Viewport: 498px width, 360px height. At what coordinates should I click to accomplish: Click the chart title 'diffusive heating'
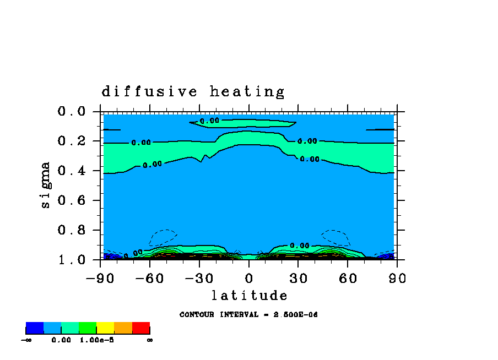tap(193, 91)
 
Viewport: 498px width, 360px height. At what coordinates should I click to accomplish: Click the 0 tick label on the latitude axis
tap(248, 278)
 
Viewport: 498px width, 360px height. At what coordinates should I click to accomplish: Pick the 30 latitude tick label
tap(298, 278)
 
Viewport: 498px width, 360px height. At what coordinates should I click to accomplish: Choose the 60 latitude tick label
tap(348, 278)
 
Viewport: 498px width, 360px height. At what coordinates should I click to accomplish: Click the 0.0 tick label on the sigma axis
tap(72, 111)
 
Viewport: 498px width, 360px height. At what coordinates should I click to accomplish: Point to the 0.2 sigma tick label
tap(72, 141)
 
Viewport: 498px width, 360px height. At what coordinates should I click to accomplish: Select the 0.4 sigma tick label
tap(72, 171)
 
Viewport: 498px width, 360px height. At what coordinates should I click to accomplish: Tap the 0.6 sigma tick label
tap(72, 200)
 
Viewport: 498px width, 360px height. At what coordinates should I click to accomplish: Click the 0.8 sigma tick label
tap(72, 230)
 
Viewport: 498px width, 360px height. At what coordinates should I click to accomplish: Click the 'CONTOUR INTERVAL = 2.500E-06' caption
tap(248, 315)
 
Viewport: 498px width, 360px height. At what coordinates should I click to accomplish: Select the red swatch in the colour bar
tap(141, 328)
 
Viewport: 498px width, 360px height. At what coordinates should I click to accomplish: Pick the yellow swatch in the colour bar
tap(105, 328)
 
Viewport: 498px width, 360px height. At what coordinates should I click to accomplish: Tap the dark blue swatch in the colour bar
tap(35, 328)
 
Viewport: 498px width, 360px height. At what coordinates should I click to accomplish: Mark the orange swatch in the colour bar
tap(123, 328)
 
